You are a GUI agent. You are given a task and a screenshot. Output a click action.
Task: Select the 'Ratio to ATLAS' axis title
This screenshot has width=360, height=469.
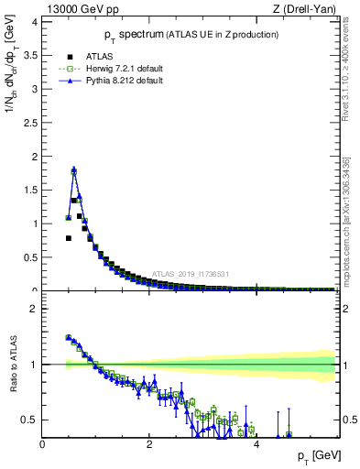12,366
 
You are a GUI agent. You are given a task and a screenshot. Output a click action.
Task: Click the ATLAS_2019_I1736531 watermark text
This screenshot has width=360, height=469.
191,273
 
